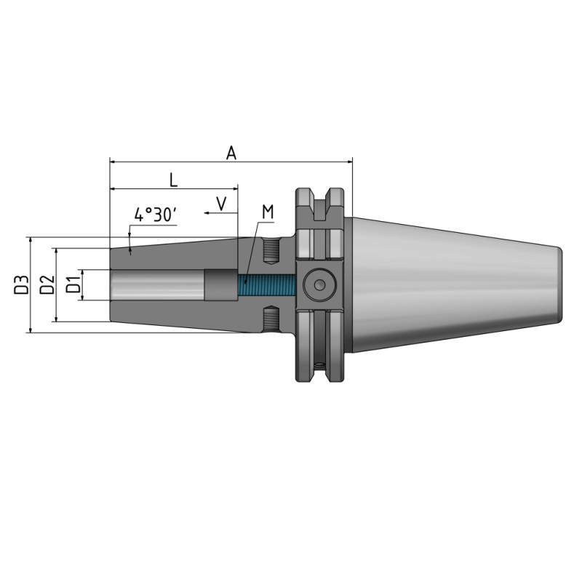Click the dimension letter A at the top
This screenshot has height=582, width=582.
[231, 152]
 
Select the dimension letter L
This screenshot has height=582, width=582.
[173, 179]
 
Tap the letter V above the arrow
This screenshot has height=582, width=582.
[223, 202]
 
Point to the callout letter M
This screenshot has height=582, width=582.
[267, 212]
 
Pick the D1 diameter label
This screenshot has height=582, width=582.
[73, 284]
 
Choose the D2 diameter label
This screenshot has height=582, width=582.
[47, 284]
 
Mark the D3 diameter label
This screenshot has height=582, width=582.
[21, 284]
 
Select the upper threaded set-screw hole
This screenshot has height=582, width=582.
[270, 252]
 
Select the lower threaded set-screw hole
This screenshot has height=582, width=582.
[270, 317]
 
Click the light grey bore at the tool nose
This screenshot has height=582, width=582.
[156, 284]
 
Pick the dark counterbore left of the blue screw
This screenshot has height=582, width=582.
[220, 284]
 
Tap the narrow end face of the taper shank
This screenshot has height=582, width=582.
[560, 284]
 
